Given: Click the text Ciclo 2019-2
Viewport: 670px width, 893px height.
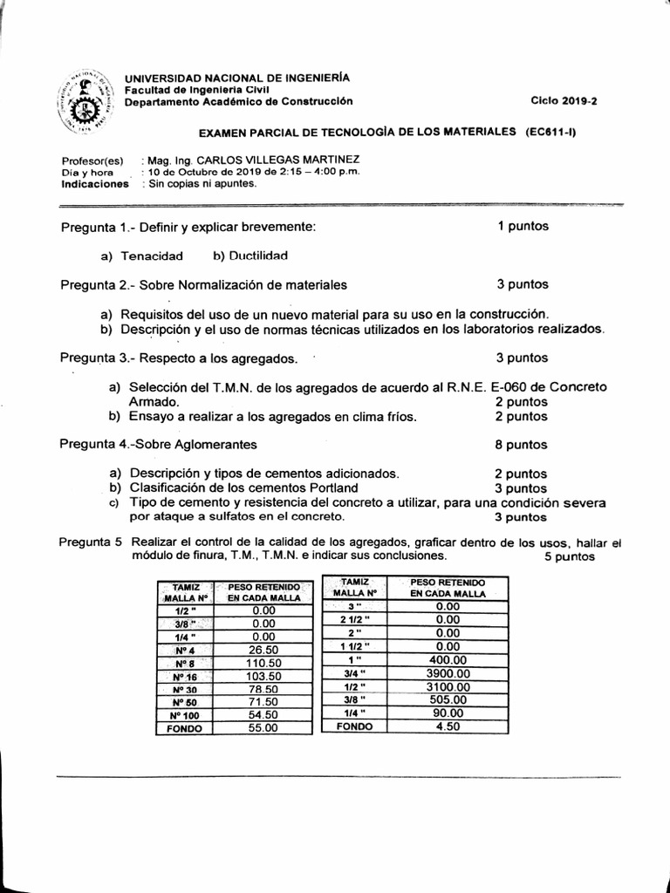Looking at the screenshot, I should [x=564, y=101].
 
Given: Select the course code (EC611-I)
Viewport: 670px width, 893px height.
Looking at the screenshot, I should [x=551, y=132].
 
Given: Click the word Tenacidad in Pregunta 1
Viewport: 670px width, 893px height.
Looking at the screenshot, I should [x=152, y=256].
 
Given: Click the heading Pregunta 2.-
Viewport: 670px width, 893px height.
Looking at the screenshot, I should [x=99, y=284].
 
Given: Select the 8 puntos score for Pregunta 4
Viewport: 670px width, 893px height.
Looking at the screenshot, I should [x=522, y=444].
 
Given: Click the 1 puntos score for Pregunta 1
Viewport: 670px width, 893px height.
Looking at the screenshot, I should [x=523, y=226].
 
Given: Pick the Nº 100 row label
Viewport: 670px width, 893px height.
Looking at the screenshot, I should [x=185, y=715].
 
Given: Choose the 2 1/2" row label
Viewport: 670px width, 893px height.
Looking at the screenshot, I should [x=354, y=619].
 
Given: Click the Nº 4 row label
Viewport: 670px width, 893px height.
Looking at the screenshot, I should [x=185, y=650].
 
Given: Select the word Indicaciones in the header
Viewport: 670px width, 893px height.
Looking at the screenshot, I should [x=95, y=184].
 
